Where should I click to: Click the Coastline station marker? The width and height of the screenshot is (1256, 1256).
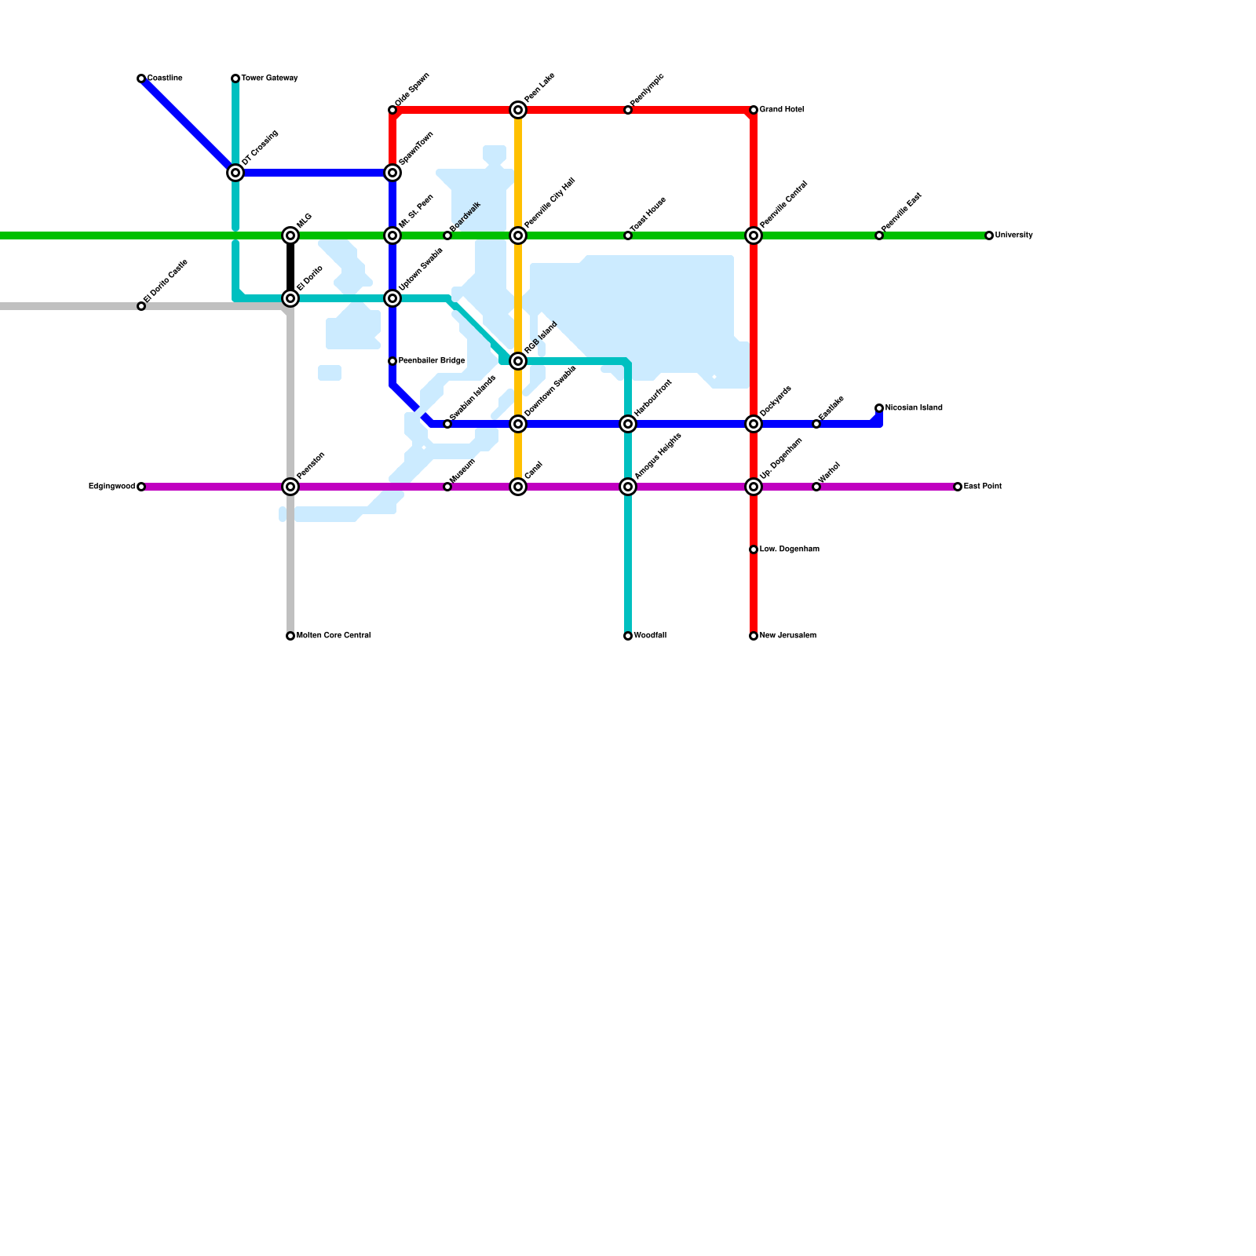click(141, 78)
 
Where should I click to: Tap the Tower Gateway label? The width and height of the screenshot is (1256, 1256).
click(269, 78)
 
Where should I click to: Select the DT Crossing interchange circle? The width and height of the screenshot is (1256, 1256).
click(235, 173)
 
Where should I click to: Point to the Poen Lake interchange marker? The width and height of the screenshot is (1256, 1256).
click(518, 110)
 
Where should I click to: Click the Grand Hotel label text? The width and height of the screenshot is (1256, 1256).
click(781, 110)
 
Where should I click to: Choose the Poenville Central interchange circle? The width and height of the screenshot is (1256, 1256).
click(754, 235)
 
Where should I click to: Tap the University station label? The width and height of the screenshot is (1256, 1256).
click(1013, 235)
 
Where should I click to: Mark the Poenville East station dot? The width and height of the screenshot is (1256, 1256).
click(879, 235)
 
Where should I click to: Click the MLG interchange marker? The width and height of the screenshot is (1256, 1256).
click(290, 235)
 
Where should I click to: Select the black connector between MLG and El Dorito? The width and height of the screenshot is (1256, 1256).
click(290, 267)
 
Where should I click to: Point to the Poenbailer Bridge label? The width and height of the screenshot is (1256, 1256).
click(431, 361)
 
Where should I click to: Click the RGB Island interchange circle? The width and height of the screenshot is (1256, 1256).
click(518, 361)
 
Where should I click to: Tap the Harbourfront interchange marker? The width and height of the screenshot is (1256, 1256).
click(628, 424)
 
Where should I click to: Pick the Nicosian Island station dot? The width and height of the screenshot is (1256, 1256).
click(879, 408)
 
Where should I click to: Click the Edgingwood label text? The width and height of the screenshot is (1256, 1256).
click(111, 487)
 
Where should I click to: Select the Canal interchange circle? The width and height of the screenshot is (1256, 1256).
click(518, 487)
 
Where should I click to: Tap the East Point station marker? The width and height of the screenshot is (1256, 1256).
click(958, 487)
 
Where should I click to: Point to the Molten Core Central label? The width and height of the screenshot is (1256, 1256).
click(333, 636)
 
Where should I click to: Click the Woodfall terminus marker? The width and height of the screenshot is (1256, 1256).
click(628, 636)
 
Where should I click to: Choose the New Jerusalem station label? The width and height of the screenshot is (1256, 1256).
click(787, 636)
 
